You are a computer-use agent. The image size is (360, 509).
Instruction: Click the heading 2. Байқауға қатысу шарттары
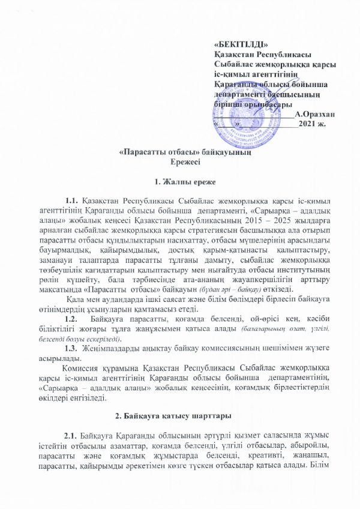point(179,415)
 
